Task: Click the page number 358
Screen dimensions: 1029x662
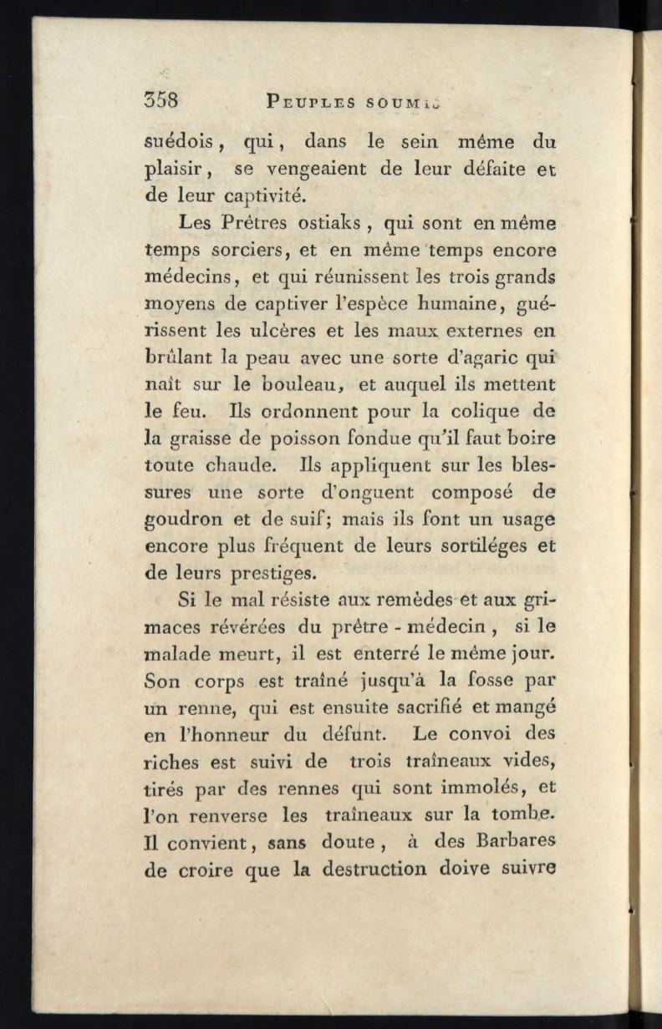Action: [161, 101]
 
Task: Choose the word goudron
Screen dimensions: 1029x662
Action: [183, 520]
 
